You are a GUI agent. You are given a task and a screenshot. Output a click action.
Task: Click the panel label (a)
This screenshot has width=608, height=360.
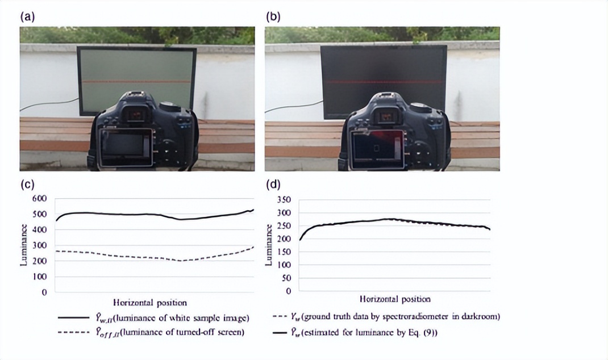click(x=27, y=16)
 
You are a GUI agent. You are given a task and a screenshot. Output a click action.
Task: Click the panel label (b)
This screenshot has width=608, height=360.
click(x=273, y=16)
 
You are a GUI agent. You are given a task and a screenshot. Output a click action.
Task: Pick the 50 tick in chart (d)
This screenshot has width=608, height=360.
click(x=286, y=278)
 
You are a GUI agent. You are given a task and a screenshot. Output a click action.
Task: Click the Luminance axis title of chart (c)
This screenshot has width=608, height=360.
click(x=23, y=245)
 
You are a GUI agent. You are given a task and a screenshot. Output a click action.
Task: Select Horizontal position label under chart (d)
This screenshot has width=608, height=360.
click(x=395, y=299)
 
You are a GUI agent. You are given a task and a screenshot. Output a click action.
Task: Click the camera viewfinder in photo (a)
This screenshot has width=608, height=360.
click(x=135, y=116)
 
